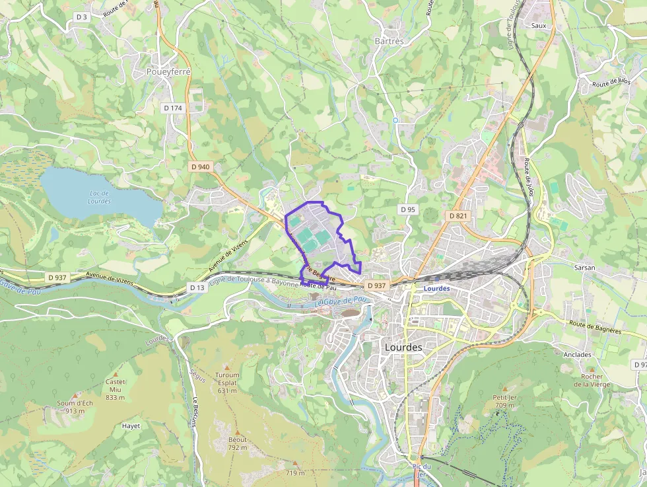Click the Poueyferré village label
tap(168, 71)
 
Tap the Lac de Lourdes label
tap(100, 197)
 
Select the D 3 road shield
tap(81, 17)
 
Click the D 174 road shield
tap(172, 107)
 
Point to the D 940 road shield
tap(200, 167)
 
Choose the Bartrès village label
tap(389, 41)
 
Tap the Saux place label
tap(539, 25)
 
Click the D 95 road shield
tap(408, 209)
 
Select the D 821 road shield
tap(458, 215)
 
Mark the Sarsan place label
tap(584, 268)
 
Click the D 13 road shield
tap(197, 287)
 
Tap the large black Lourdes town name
tap(403, 346)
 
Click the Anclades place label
tap(578, 354)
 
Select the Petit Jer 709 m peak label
tap(504, 401)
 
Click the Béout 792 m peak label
tap(238, 443)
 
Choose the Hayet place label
tap(131, 426)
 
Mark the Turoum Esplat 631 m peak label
tap(227, 382)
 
